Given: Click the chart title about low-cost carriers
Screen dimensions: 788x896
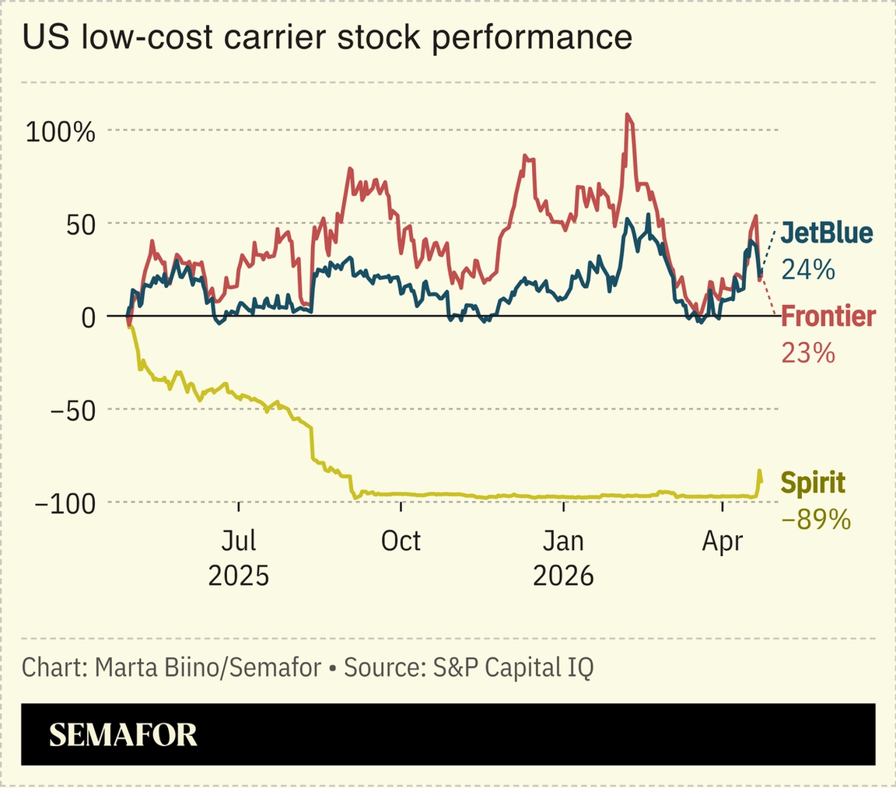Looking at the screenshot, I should coord(327,37).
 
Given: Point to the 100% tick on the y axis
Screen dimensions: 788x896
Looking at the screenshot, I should coord(60,131).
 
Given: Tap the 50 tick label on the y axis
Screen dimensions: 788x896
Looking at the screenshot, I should coord(78,224).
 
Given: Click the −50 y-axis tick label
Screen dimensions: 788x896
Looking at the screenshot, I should coord(71,410).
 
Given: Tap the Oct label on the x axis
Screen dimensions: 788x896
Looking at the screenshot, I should coord(401,541).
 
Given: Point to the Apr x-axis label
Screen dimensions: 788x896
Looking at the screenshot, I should coord(723,541).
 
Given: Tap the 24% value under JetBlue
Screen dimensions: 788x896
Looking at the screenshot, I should coord(807,269).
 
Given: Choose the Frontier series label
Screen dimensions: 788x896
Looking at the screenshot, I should coord(828,317).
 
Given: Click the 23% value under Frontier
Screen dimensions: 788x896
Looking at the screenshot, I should coord(807,353).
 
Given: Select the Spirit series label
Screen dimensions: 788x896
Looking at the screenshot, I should coord(812,483).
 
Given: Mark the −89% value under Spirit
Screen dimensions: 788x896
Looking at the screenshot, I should coord(815,520).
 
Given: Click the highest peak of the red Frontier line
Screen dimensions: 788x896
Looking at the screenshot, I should coord(628,115).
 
